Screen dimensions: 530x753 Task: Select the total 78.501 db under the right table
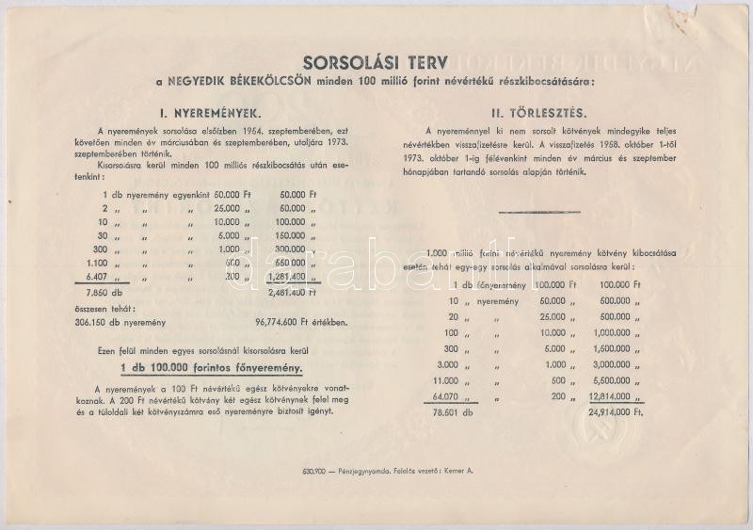tap(465, 411)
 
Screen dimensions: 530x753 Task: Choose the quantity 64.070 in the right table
tap(468, 397)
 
